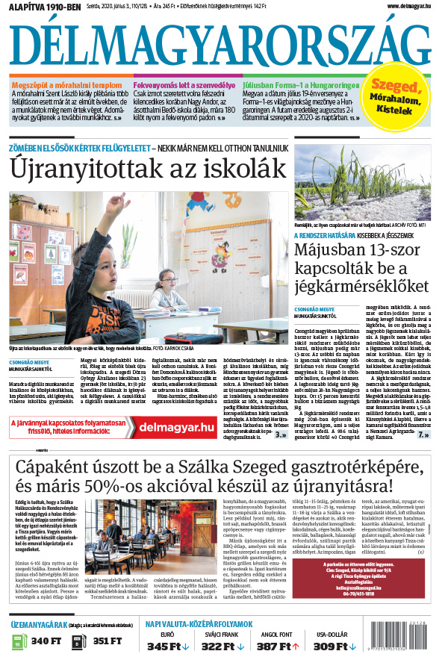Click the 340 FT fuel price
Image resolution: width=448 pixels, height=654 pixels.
(46, 641)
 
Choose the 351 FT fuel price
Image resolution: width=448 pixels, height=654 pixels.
(108, 641)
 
